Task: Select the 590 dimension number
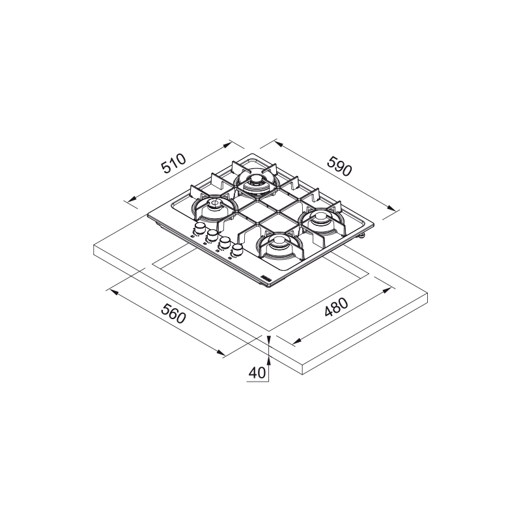coord(339,166)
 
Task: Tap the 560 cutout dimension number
coord(173,313)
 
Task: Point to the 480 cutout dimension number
coord(336,307)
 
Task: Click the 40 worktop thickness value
coord(257,373)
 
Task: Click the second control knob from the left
coord(212,235)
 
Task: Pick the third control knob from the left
coord(225,242)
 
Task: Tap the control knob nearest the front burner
coord(238,249)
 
